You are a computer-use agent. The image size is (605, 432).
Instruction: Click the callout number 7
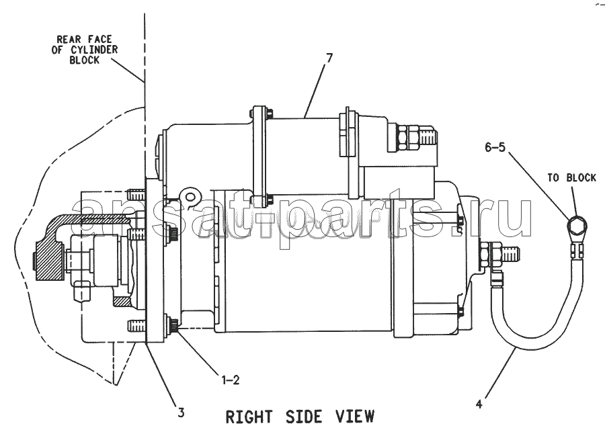click(x=329, y=58)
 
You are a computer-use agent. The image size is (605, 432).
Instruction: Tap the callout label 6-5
click(x=495, y=147)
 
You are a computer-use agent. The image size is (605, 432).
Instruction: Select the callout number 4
click(x=479, y=404)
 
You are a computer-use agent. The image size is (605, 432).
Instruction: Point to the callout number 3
click(x=181, y=413)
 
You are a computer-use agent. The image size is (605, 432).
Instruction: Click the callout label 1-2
click(x=231, y=380)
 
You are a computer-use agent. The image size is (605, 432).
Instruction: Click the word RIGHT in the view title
click(x=249, y=417)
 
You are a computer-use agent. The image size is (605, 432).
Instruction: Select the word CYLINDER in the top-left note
click(x=94, y=50)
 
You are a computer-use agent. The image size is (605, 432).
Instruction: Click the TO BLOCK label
click(x=571, y=178)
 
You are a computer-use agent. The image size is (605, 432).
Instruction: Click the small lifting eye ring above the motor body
click(x=190, y=197)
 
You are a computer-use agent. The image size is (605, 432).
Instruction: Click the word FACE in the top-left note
click(x=99, y=40)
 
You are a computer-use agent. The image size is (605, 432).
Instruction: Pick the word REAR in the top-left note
click(x=69, y=40)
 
